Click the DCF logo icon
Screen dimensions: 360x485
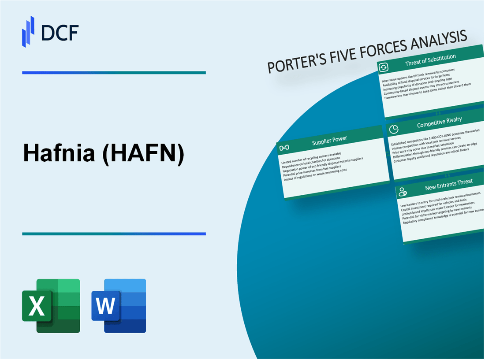28,31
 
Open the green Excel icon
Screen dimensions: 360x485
51,305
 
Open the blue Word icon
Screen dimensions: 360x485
119,305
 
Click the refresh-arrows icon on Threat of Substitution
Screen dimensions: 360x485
384,67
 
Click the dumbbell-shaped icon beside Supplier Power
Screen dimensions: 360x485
285,148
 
